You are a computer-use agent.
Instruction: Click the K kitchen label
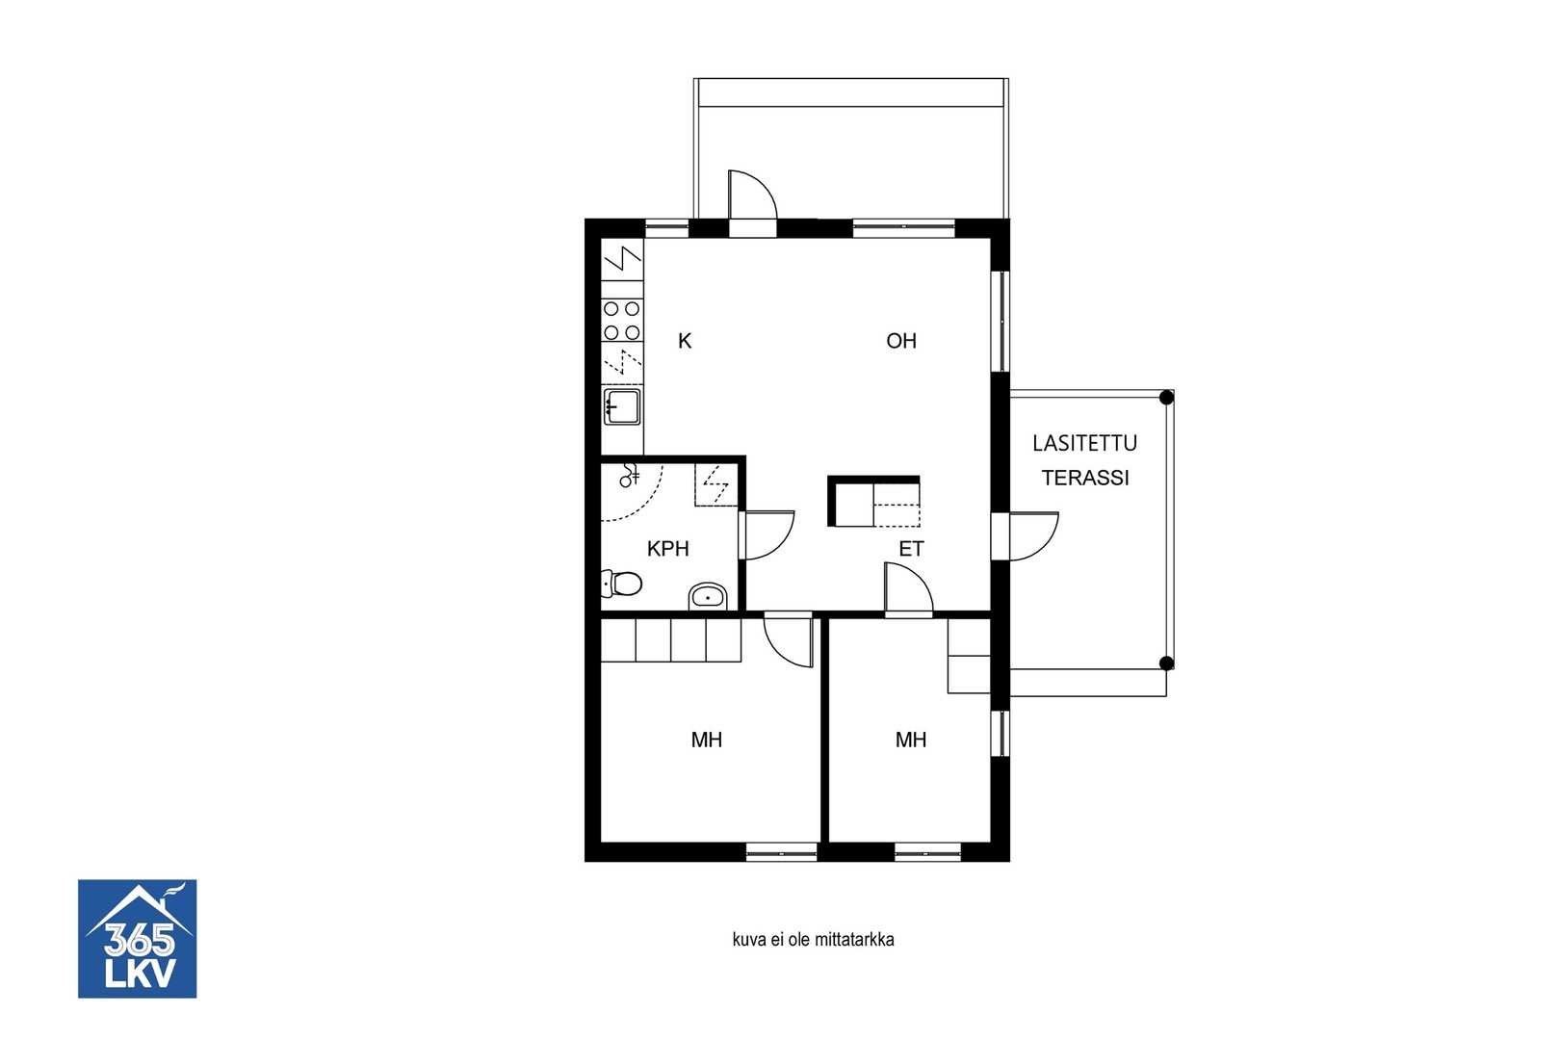pyautogui.click(x=685, y=341)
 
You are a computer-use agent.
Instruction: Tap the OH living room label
pyautogui.click(x=901, y=341)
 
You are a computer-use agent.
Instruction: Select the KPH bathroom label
pyautogui.click(x=668, y=549)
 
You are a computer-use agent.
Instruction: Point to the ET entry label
pyautogui.click(x=911, y=549)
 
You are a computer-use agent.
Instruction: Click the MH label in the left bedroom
pyautogui.click(x=706, y=740)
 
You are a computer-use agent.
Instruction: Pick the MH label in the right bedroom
pyautogui.click(x=911, y=740)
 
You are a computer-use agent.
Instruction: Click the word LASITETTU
pyautogui.click(x=1084, y=443)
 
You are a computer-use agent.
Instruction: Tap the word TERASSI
pyautogui.click(x=1085, y=478)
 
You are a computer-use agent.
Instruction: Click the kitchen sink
pyautogui.click(x=622, y=406)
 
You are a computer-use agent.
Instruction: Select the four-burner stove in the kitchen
pyautogui.click(x=622, y=321)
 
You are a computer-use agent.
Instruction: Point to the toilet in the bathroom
pyautogui.click(x=621, y=584)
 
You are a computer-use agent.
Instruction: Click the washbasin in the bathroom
pyautogui.click(x=708, y=597)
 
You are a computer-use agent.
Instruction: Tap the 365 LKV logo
pyautogui.click(x=137, y=938)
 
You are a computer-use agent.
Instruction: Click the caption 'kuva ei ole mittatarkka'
pyautogui.click(x=813, y=940)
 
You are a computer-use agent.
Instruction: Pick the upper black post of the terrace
pyautogui.click(x=1166, y=398)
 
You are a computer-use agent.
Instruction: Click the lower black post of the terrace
pyautogui.click(x=1166, y=663)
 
